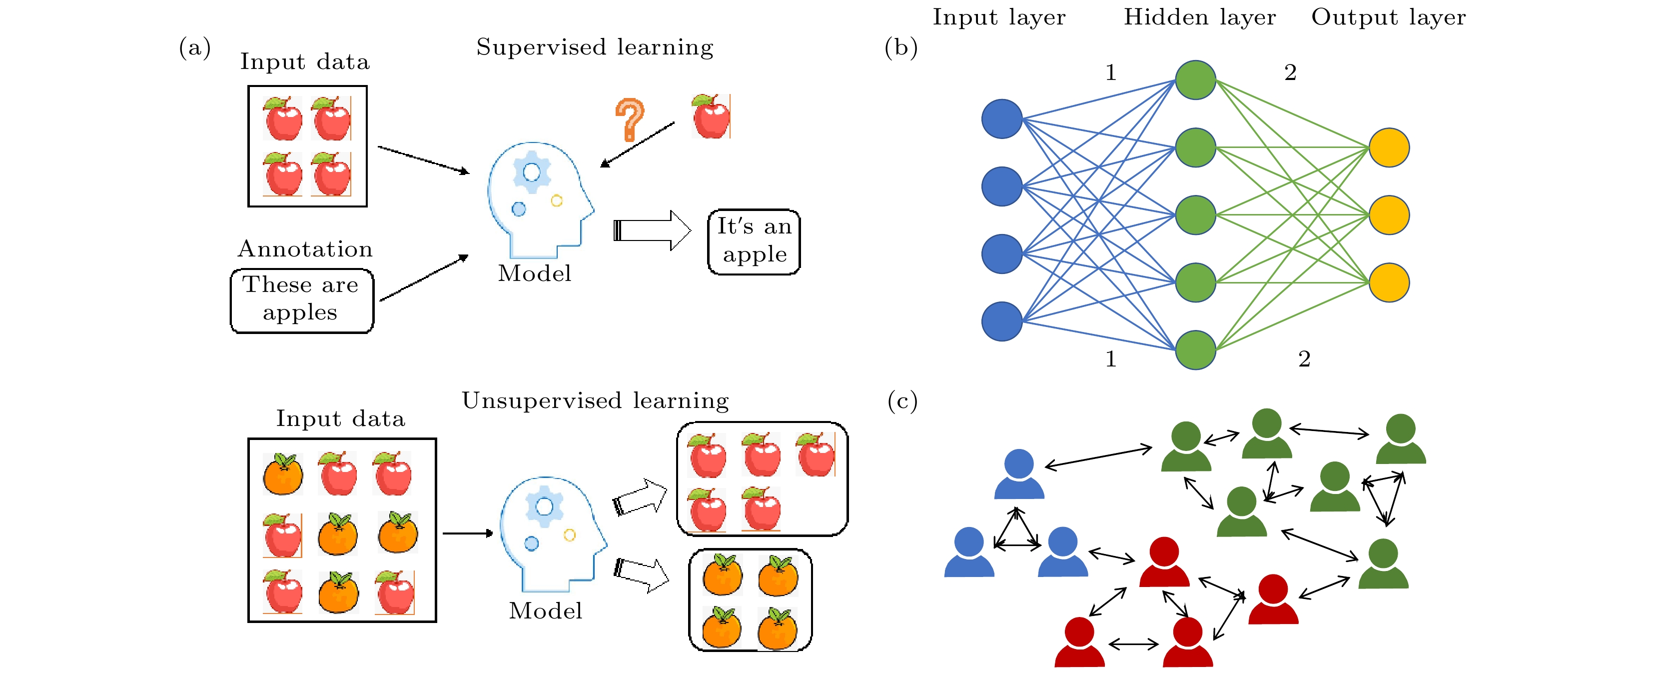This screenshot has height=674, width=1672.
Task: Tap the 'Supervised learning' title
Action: (x=595, y=47)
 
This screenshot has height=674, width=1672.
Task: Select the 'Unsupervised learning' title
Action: (x=595, y=400)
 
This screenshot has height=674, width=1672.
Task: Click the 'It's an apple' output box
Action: (x=754, y=241)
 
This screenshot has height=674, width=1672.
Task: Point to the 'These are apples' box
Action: (x=302, y=300)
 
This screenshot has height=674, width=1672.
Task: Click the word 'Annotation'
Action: (x=305, y=248)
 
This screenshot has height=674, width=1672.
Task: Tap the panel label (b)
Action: (x=901, y=47)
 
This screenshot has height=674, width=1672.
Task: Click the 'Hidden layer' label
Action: (x=1199, y=17)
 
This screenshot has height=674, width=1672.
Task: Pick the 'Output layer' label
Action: (x=1388, y=17)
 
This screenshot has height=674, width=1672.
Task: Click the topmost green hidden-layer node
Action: (x=1196, y=80)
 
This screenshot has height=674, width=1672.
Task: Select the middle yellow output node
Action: (x=1389, y=215)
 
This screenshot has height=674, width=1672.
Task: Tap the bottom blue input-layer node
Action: (x=1001, y=321)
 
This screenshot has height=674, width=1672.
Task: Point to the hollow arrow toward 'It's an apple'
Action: (x=652, y=230)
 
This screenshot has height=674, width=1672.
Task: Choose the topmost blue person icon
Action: (x=1018, y=473)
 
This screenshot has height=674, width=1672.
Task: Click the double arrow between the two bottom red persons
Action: (x=1133, y=644)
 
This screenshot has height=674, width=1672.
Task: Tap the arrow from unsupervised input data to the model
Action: (x=467, y=533)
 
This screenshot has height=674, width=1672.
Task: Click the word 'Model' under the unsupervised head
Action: (x=545, y=610)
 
